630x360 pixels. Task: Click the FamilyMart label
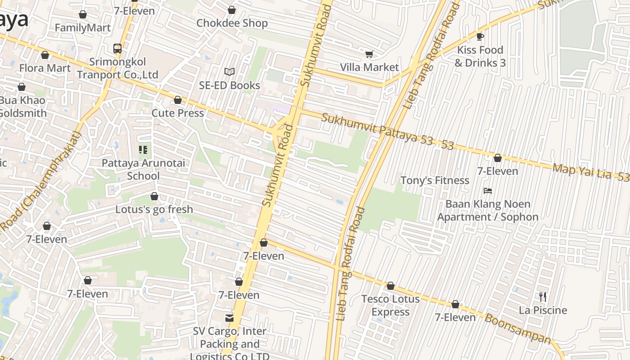tap(82, 28)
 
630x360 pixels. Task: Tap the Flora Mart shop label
tap(45, 68)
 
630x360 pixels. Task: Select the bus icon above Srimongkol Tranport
tap(117, 48)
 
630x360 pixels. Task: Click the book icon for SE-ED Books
tap(229, 72)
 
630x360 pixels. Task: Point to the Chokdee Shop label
tap(232, 23)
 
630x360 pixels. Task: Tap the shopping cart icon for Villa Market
tap(369, 54)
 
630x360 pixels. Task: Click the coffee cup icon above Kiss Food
tap(480, 36)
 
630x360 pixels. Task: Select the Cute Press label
tap(178, 113)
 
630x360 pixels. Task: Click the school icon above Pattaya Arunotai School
tap(143, 149)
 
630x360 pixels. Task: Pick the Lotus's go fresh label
tap(154, 209)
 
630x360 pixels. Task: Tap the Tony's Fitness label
tap(435, 180)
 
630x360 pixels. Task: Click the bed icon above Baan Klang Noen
tap(487, 191)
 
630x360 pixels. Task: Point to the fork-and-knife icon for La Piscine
tap(543, 297)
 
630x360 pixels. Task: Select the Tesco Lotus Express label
tap(391, 305)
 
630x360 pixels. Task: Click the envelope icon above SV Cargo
tap(229, 318)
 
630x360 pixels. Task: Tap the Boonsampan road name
tap(517, 328)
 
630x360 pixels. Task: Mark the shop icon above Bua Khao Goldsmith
tap(22, 87)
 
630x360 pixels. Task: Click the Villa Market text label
tap(369, 67)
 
